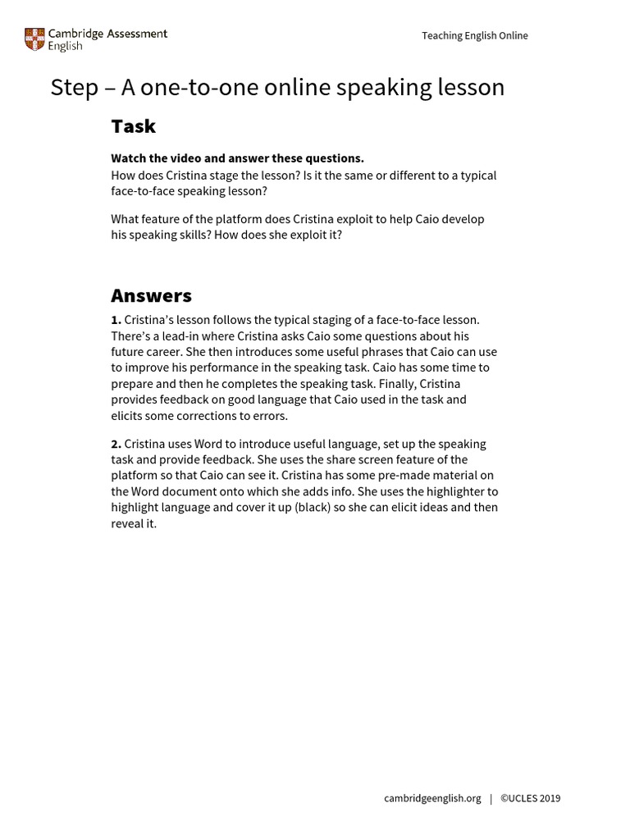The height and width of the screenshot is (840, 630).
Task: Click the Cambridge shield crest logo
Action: tap(34, 39)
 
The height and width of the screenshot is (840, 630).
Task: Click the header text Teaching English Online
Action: tap(474, 35)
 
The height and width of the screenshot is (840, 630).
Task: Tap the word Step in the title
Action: tap(75, 88)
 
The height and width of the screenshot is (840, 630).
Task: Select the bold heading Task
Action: tap(133, 126)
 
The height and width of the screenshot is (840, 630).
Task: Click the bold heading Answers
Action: tap(151, 295)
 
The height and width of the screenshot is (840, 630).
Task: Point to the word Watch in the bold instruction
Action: tap(128, 158)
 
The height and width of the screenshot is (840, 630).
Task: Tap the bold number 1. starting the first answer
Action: tap(116, 320)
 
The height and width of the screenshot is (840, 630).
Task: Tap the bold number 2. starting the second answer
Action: tap(116, 444)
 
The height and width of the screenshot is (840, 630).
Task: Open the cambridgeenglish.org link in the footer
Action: tap(432, 798)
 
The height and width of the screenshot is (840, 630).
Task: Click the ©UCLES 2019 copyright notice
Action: tap(530, 798)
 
